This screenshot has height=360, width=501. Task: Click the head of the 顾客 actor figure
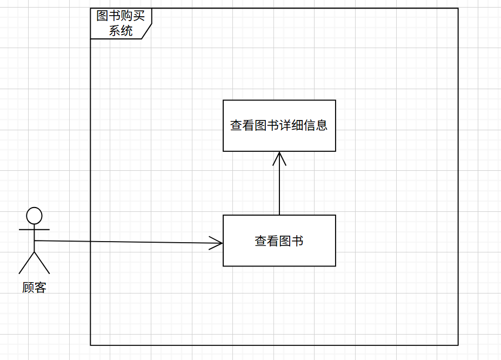click(34, 215)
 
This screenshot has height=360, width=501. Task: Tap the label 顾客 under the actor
click(34, 287)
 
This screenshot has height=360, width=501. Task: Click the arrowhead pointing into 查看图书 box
click(218, 243)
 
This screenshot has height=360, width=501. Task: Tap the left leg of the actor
click(26, 263)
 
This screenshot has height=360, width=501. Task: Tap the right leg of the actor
click(42, 263)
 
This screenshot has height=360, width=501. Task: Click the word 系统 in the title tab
click(121, 31)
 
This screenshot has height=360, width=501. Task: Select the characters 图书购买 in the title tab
click(121, 16)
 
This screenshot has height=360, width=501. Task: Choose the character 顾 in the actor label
click(28, 287)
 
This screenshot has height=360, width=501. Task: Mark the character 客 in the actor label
click(41, 287)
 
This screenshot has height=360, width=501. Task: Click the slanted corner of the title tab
click(147, 31)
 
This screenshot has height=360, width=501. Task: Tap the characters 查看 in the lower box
click(267, 241)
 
